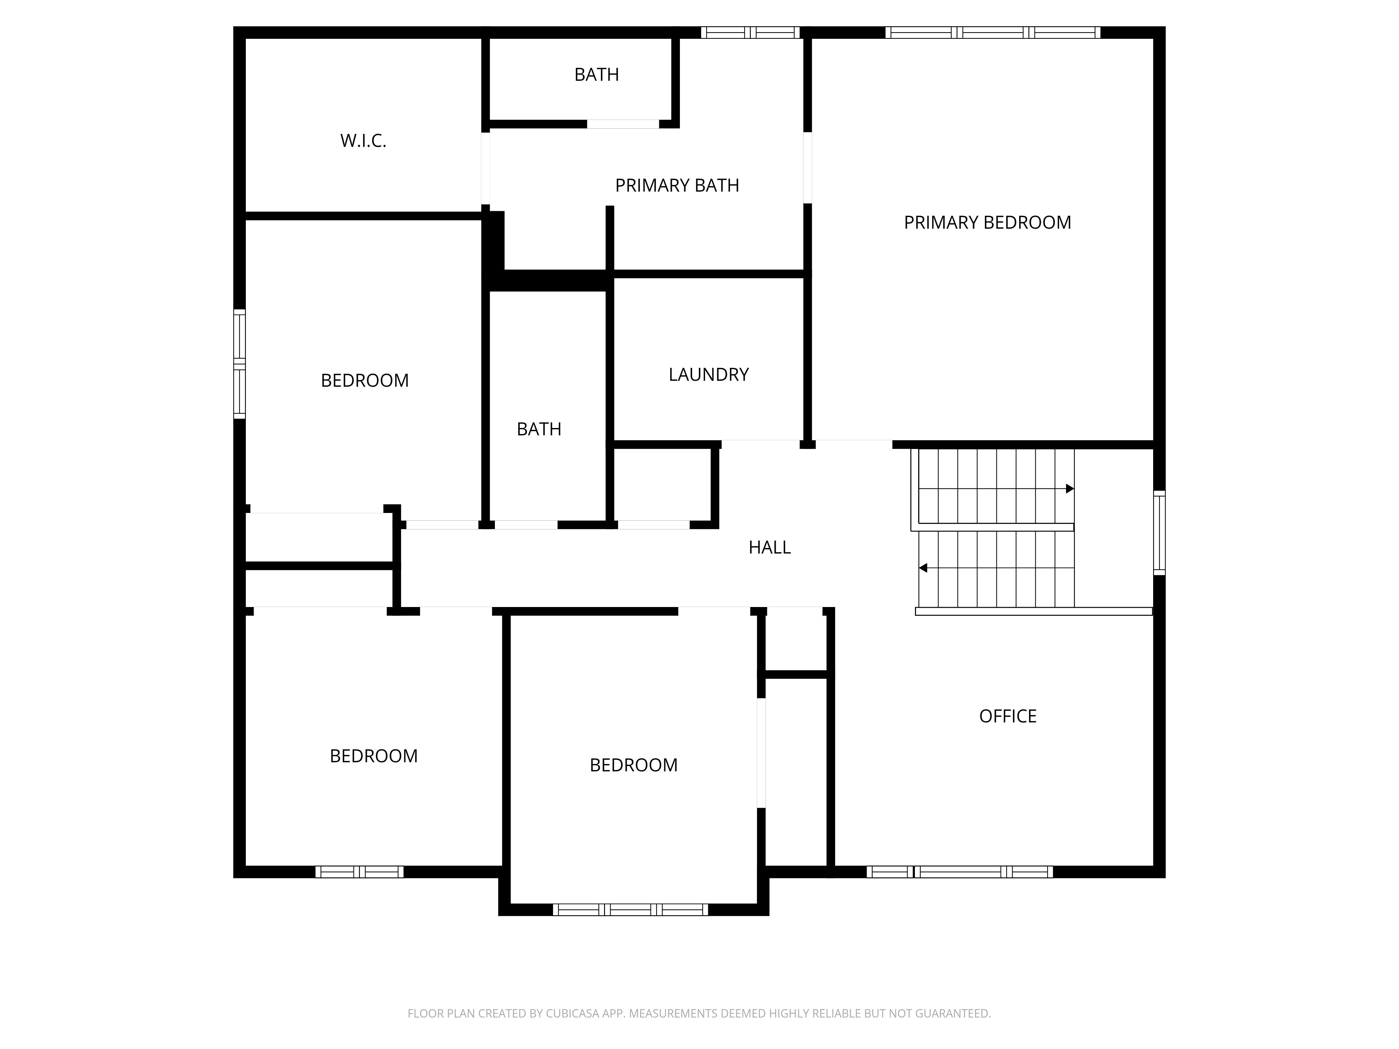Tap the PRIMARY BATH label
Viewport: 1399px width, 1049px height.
(x=677, y=185)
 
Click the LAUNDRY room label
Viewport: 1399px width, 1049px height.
(x=708, y=374)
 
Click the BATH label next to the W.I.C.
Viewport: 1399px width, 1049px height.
(x=596, y=74)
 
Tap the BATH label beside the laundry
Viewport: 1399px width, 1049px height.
(x=539, y=429)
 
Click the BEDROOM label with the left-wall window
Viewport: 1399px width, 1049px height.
(x=364, y=381)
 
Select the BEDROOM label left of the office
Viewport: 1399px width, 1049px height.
(x=633, y=765)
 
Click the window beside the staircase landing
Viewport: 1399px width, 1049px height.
(x=1159, y=533)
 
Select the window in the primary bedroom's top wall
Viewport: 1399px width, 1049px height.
(x=992, y=32)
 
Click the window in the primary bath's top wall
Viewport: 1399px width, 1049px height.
(x=750, y=32)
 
